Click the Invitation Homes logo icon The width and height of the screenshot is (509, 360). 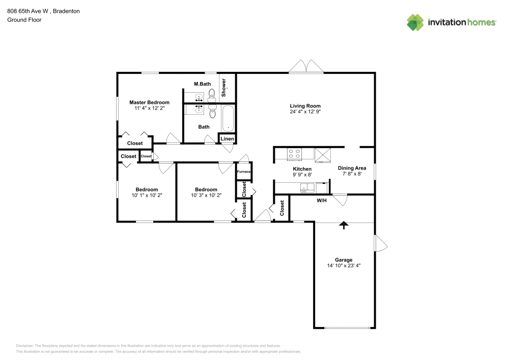415,22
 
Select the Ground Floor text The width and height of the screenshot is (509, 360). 24,20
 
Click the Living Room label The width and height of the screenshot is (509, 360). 305,106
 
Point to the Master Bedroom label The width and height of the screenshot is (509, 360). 149,102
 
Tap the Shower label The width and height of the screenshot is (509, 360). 223,88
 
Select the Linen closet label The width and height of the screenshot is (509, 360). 227,139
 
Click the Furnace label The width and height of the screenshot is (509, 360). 244,172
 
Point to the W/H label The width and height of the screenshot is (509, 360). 322,201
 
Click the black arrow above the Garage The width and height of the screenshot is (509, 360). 344,224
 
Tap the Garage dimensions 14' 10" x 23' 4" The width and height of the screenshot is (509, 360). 344,266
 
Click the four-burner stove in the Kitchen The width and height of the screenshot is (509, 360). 294,153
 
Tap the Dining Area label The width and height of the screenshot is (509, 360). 352,168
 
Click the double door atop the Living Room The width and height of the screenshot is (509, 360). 306,66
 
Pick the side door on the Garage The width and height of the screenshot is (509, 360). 380,243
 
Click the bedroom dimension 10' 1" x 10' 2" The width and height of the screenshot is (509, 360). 147,196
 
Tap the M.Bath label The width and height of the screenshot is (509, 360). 202,84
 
